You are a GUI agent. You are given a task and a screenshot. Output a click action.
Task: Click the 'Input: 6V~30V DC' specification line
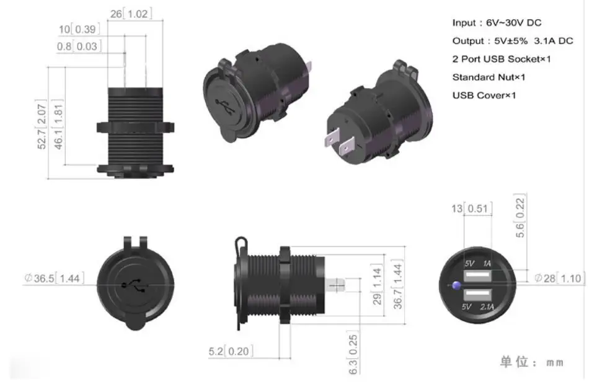coord(497,23)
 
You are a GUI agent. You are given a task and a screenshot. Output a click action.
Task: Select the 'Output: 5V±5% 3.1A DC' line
coord(513,41)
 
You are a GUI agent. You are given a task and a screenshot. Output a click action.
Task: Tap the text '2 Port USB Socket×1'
coord(501,59)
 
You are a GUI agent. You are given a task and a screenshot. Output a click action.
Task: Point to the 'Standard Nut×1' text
coord(489,77)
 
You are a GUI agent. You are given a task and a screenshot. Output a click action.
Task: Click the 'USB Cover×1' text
coord(484,95)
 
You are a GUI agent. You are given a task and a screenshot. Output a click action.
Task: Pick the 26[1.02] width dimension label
coord(131,14)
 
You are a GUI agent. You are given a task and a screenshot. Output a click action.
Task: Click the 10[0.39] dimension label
coord(79,29)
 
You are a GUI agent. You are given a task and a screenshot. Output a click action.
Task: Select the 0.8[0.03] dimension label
coord(79,46)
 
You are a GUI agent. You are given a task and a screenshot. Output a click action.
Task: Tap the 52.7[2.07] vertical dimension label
coord(42,124)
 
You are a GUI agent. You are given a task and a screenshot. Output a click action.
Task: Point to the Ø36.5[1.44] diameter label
coord(55,278)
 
